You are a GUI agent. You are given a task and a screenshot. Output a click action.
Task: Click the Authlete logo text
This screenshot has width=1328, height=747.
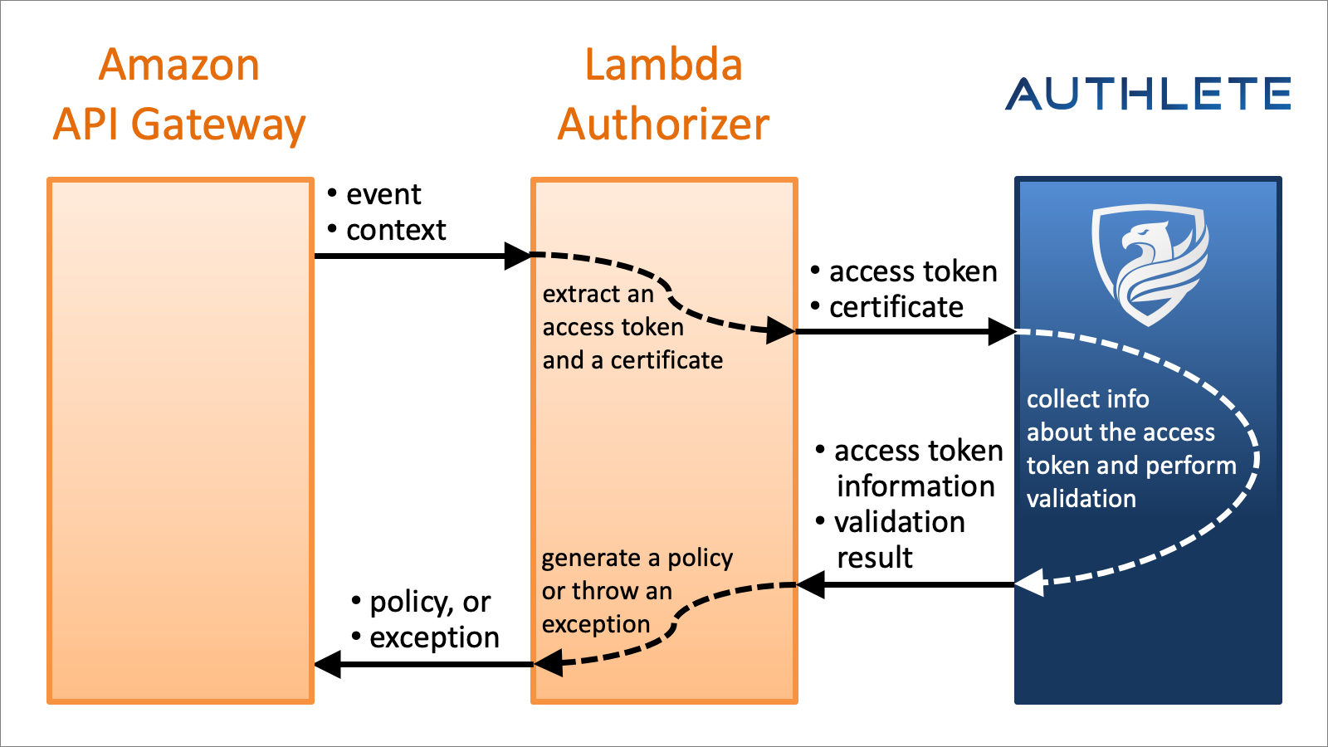coord(1148,93)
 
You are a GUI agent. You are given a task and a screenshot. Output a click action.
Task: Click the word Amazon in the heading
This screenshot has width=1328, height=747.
coord(178,65)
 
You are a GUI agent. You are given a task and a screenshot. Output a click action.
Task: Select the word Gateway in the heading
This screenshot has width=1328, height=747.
coord(218,124)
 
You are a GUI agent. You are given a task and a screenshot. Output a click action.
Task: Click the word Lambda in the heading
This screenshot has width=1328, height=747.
coord(663,65)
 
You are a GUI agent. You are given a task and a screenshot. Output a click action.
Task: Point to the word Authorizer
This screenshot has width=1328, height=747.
coord(663,124)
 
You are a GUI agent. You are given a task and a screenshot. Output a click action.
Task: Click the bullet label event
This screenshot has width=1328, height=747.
coord(383,194)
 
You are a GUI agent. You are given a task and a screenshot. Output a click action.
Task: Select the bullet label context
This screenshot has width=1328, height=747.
coord(396,230)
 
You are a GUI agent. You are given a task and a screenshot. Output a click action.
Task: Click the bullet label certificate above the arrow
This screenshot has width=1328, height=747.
coord(896,307)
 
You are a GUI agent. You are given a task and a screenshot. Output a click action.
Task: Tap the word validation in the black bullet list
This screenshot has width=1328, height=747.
coord(900,522)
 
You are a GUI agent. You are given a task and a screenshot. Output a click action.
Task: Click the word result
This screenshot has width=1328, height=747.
coord(875,558)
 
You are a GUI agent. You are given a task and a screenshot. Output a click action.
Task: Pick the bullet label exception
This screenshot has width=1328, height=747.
coord(434,637)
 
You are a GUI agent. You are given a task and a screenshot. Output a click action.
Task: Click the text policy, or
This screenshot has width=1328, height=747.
coord(430,602)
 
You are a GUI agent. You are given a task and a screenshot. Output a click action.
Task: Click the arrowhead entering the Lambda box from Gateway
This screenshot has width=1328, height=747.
coord(518,256)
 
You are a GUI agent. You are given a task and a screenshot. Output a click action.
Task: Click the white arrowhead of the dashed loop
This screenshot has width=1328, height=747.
coord(1030,583)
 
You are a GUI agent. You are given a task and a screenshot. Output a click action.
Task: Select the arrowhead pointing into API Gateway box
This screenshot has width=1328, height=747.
coord(329,664)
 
